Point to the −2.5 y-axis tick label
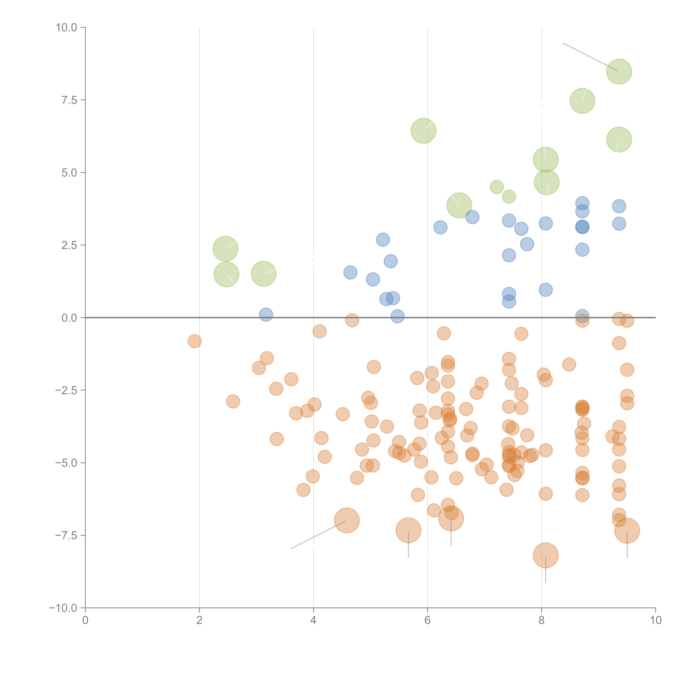66,390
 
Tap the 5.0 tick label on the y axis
69,173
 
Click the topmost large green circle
619,72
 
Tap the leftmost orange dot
194,341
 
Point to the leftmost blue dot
266,314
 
